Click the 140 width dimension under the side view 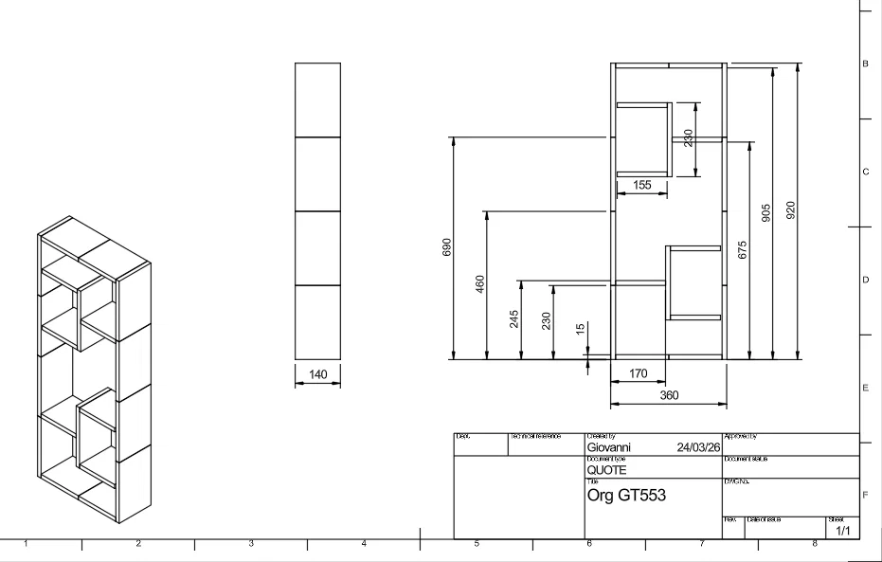pos(317,375)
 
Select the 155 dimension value pos(642,186)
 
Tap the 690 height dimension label pos(448,246)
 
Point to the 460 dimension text pos(480,283)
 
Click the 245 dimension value pos(513,318)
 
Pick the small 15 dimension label pos(581,329)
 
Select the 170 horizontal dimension pos(639,374)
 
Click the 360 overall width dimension pos(669,395)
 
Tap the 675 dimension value pos(743,249)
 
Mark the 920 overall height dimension pos(790,209)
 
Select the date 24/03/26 pos(699,447)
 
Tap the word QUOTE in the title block pos(606,470)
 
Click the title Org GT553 pos(626,495)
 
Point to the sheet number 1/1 pos(842,531)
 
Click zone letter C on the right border pos(865,172)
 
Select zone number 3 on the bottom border pos(251,544)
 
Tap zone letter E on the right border pos(865,388)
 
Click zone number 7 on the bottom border pos(702,544)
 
